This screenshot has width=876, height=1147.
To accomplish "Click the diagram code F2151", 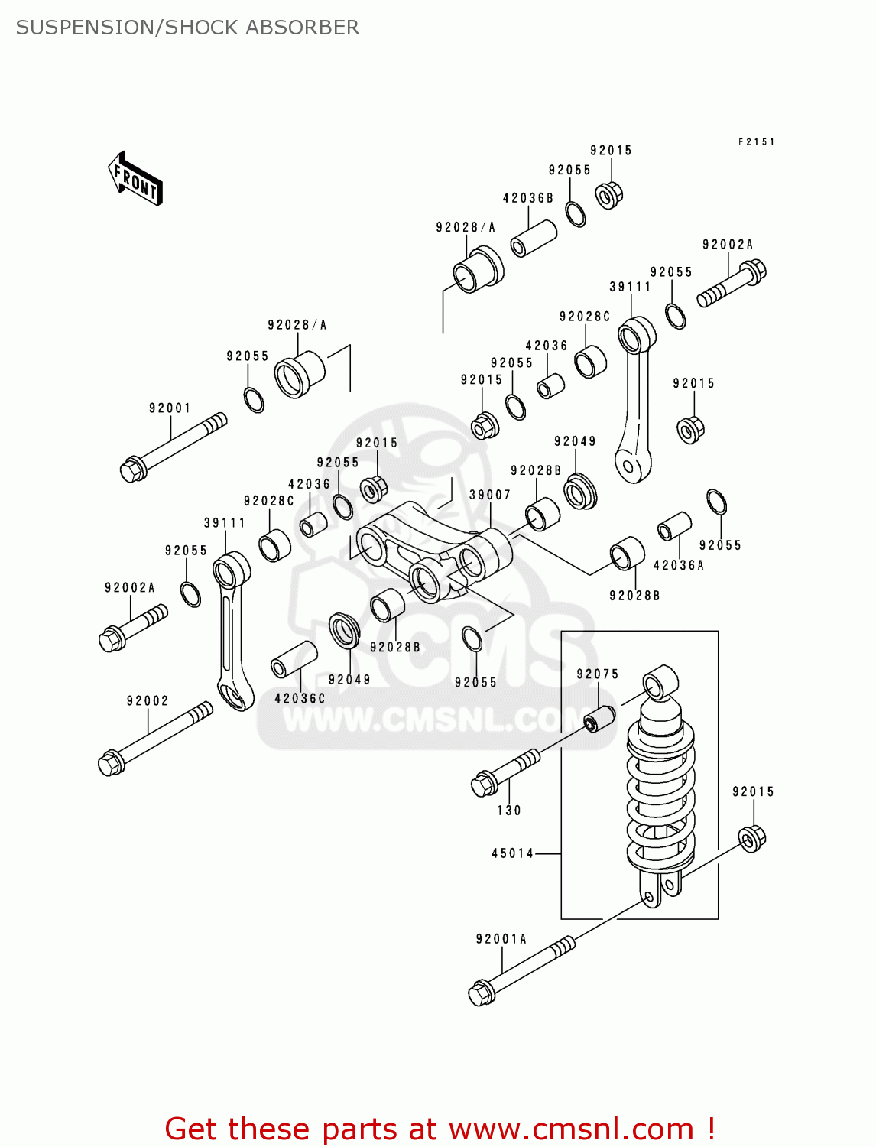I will (x=756, y=142).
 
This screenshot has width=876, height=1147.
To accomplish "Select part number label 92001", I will (x=170, y=408).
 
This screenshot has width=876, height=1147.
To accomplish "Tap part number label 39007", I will (x=490, y=496).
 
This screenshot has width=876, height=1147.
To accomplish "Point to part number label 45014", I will (x=512, y=853).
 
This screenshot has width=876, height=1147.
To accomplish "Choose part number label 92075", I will (x=598, y=674).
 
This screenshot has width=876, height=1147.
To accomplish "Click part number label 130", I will (x=509, y=811).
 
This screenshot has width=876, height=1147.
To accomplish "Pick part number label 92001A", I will (x=501, y=939).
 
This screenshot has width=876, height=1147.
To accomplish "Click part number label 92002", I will (x=148, y=701).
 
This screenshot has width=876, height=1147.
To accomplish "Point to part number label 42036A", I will (x=679, y=566).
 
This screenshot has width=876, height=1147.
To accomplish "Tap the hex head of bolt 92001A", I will (x=480, y=993).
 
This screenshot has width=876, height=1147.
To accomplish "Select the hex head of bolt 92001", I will (x=133, y=469).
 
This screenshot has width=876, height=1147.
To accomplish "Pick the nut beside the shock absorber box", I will (x=752, y=838).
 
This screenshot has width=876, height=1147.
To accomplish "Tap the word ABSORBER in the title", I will (x=310, y=28).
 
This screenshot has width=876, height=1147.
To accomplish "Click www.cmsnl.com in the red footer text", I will (x=570, y=1129).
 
